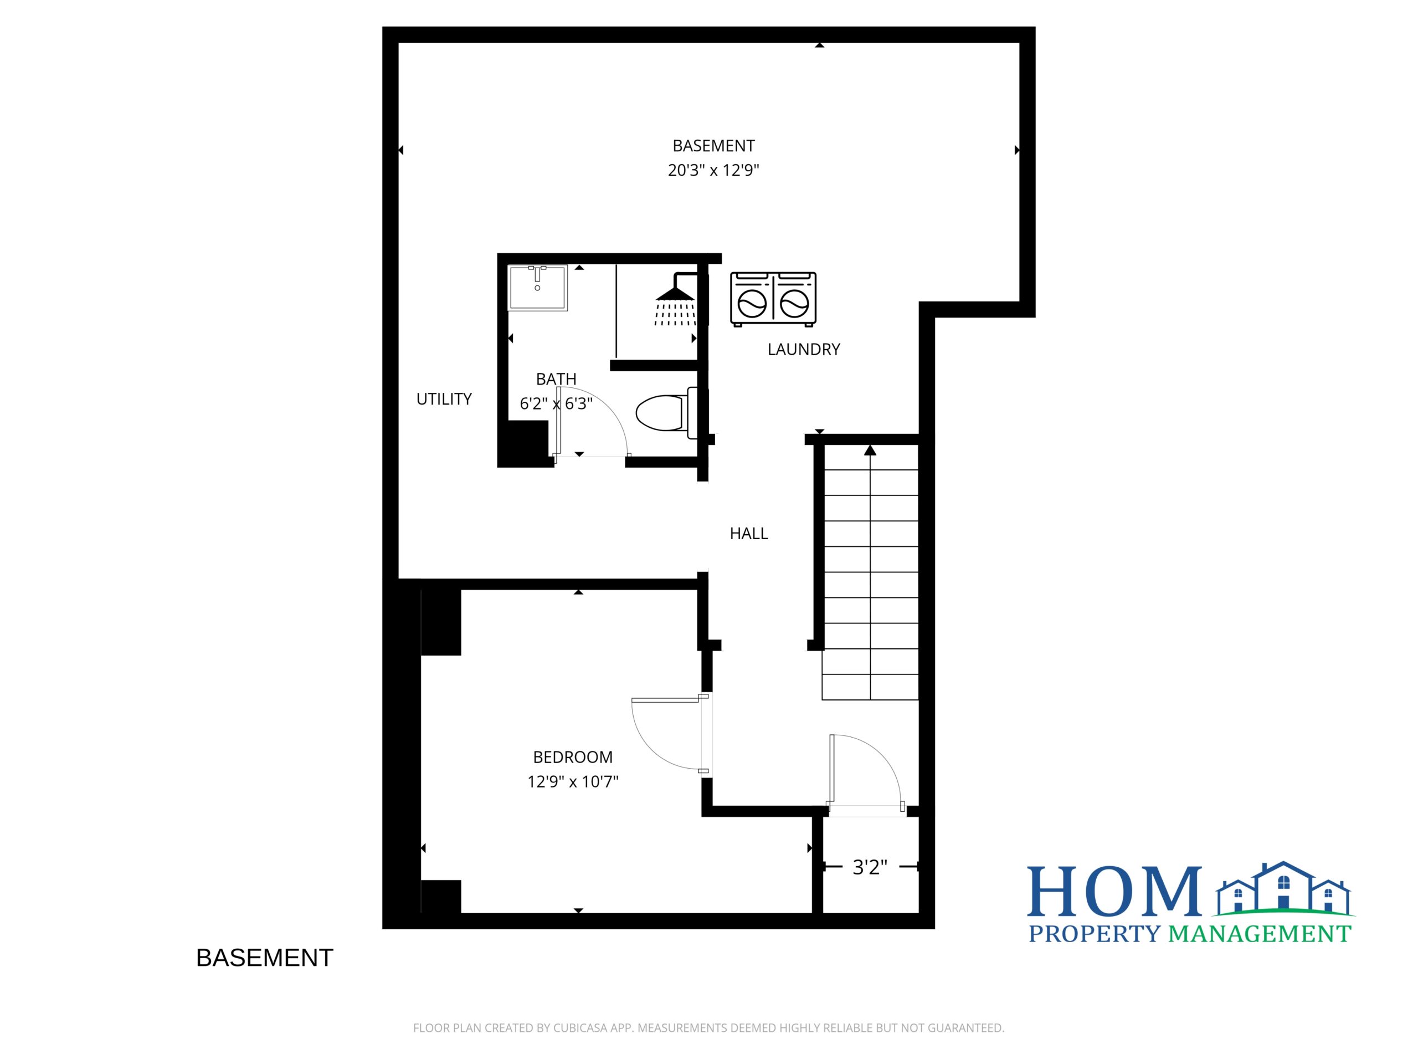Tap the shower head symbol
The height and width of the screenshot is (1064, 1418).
pos(675,299)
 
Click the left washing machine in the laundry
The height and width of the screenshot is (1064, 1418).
pos(751,299)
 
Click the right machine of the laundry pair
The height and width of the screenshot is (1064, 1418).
pos(795,299)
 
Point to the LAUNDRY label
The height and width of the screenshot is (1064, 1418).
pos(804,350)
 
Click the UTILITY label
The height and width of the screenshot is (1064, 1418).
pos(444,399)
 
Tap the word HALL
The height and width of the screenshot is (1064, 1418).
pos(749,534)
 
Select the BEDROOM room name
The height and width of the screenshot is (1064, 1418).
pos(572,758)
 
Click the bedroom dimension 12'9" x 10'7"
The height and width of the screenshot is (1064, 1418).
pos(572,782)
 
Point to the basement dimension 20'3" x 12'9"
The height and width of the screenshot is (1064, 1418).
pos(713,171)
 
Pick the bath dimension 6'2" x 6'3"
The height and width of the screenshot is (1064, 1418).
pos(556,404)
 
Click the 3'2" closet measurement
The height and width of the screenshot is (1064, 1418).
pos(870,867)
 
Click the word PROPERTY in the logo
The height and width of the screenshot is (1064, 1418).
pos(1095,934)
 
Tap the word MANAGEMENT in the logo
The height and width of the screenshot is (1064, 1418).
pos(1260,934)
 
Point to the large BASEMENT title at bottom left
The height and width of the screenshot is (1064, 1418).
pos(265,958)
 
